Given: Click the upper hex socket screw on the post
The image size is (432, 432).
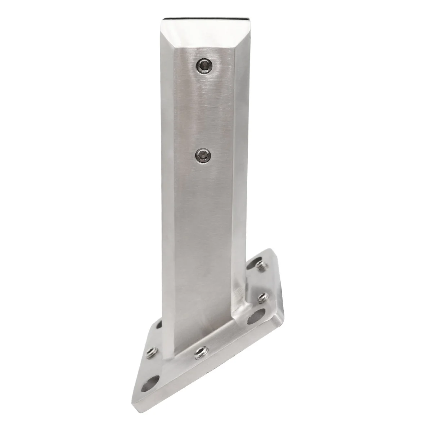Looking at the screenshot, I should tap(204, 66).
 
